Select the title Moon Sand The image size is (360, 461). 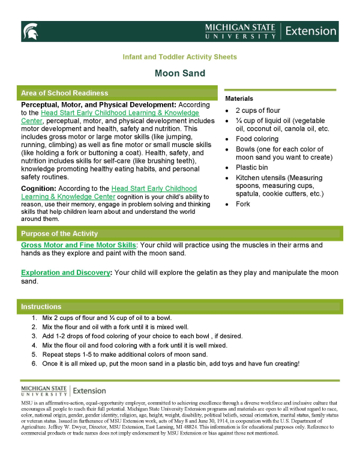tap(179, 74)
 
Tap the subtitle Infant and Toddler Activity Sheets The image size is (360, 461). tap(179, 57)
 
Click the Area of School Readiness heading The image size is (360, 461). tap(64, 93)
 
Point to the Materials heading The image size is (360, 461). tap(239, 98)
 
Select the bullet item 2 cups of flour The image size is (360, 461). tap(257, 111)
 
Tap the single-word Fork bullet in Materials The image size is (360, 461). tap(243, 205)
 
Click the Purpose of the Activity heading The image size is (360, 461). tap(59, 234)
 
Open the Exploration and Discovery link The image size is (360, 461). tap(66, 273)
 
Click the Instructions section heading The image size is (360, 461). tap(41, 307)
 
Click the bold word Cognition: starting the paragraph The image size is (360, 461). tap(40, 188)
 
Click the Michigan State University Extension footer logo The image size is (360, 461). tap(63, 391)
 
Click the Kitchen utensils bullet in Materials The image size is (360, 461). tap(279, 186)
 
